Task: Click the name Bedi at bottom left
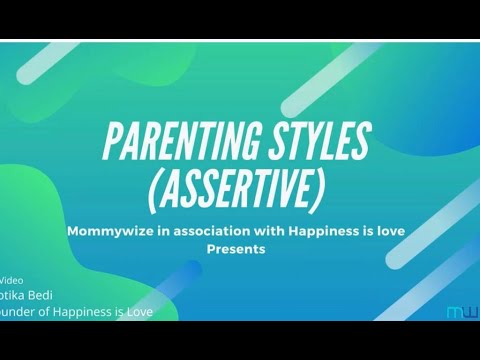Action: click(x=45, y=297)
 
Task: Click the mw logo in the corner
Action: click(x=461, y=312)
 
